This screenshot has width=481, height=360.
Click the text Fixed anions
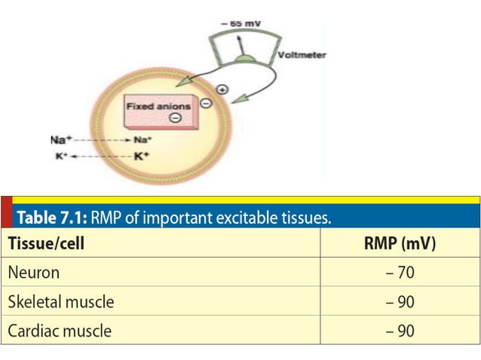tap(158, 106)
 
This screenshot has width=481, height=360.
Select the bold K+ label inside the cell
tap(143, 157)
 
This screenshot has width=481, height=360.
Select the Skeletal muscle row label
tap(61, 302)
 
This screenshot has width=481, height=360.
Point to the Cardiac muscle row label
tap(60, 331)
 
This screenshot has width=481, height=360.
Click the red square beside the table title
tap(6, 212)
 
